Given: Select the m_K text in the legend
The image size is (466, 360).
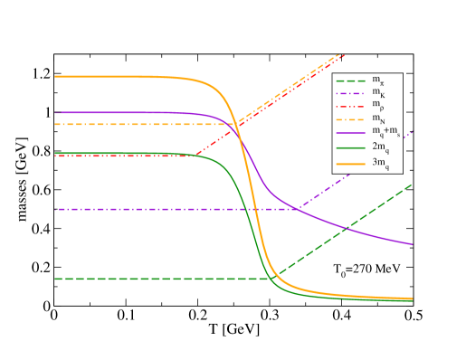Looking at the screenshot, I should click(377, 93).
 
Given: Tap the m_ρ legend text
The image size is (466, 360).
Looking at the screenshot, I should click(377, 106).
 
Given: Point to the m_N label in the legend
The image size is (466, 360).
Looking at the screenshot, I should click(377, 118).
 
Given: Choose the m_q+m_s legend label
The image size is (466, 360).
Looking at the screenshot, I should click(384, 133).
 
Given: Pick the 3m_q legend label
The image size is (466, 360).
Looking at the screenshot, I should click(380, 163).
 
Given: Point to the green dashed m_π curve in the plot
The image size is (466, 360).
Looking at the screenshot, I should click(136, 279).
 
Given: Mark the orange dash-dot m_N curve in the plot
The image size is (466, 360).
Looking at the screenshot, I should click(136, 124).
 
